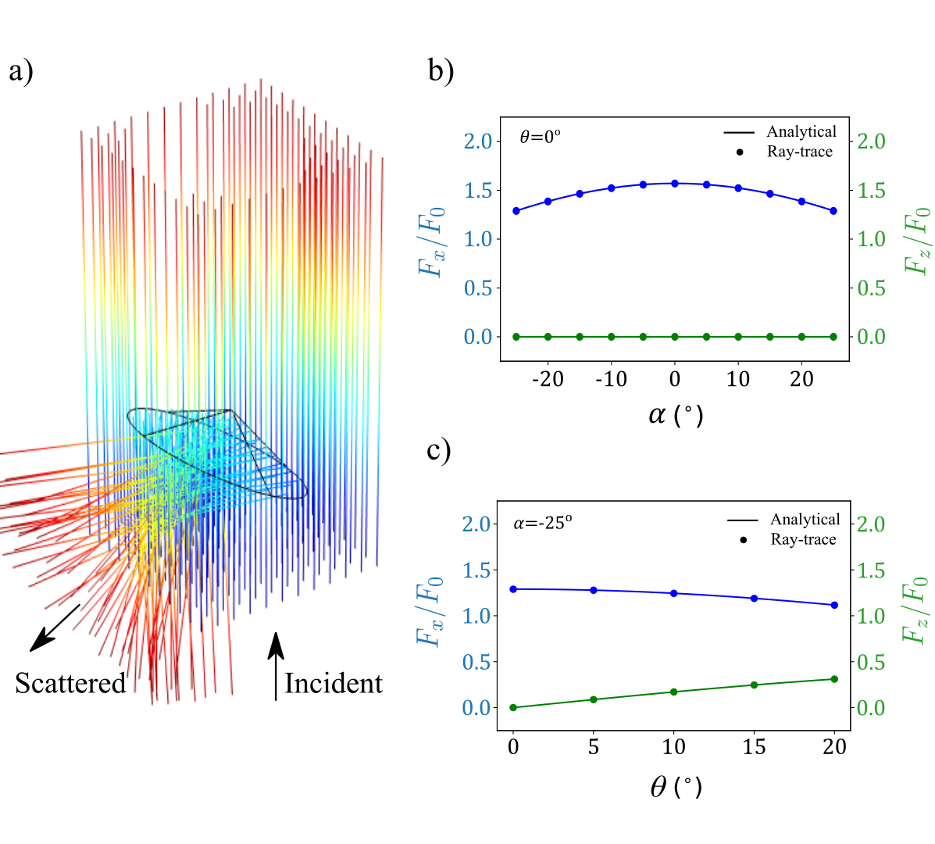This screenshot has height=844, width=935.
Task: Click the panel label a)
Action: (21, 72)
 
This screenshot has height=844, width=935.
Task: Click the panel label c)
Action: (439, 451)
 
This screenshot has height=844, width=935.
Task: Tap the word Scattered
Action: (70, 683)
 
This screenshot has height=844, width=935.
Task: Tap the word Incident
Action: (334, 683)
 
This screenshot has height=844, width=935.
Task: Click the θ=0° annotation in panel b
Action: (541, 137)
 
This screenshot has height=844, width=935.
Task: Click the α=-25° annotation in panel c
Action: (543, 523)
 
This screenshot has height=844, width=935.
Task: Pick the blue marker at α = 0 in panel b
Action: (675, 184)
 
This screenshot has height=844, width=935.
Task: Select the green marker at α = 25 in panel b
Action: (833, 337)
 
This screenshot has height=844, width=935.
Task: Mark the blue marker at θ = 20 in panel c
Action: (834, 605)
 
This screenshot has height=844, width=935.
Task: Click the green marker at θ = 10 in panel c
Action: (673, 692)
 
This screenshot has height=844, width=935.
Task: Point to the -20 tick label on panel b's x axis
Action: (547, 380)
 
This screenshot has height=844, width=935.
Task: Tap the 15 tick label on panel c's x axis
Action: (754, 748)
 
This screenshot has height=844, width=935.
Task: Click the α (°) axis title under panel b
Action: (675, 415)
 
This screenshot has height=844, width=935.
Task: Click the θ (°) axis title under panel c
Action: (675, 786)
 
